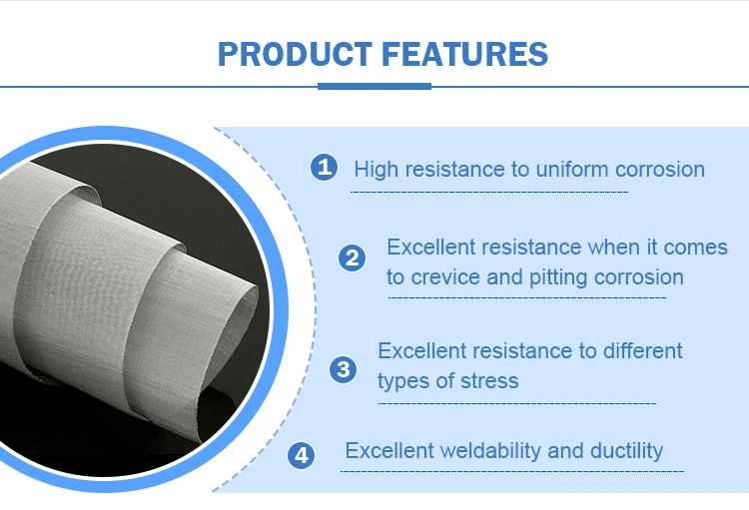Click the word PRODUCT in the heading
click(295, 54)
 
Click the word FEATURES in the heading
click(464, 54)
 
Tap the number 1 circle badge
click(324, 167)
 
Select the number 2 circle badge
click(353, 257)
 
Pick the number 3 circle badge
click(343, 369)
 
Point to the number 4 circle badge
click(301, 455)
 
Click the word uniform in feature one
click(572, 169)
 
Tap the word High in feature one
click(375, 170)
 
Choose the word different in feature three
click(642, 351)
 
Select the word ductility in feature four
click(627, 451)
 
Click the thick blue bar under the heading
click(374, 86)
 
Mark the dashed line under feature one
click(489, 193)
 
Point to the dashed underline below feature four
click(512, 471)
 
